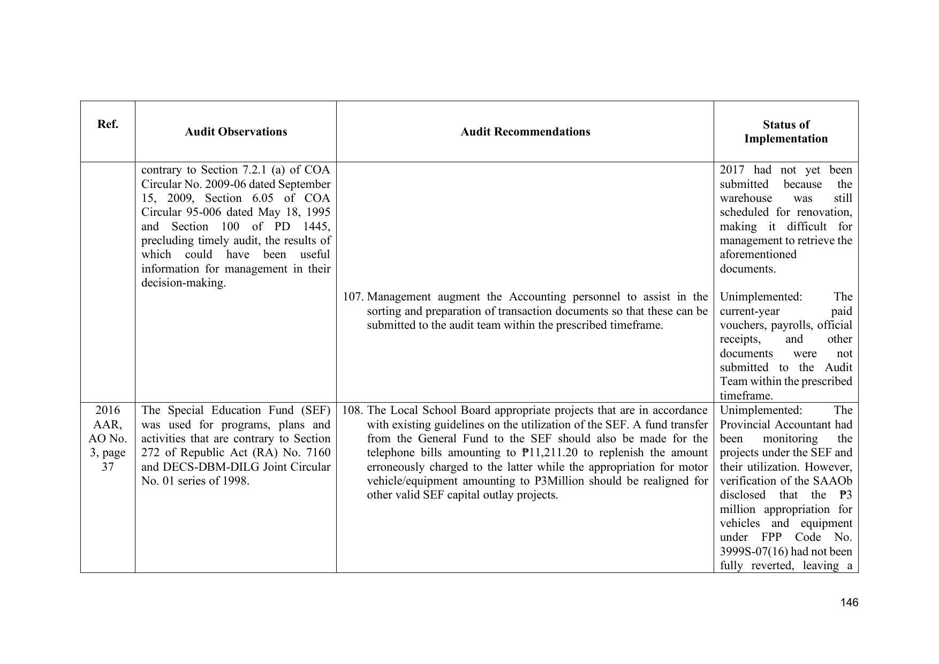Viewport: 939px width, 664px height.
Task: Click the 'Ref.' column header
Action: tap(108, 125)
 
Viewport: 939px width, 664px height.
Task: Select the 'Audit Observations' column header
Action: tap(236, 132)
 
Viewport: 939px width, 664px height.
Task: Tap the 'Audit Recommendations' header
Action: tap(525, 132)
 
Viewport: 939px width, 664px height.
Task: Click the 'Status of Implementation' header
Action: tap(786, 132)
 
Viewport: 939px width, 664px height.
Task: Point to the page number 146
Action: tap(849, 602)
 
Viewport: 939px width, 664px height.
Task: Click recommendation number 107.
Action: tap(352, 297)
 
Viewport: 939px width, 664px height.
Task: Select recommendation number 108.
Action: tap(352, 411)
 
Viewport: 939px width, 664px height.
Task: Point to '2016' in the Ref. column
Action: tap(108, 411)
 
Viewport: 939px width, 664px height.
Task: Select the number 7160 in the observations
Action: tap(318, 453)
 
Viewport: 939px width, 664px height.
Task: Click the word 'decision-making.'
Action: tap(183, 283)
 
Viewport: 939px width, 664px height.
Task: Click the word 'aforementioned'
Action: tap(758, 255)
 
